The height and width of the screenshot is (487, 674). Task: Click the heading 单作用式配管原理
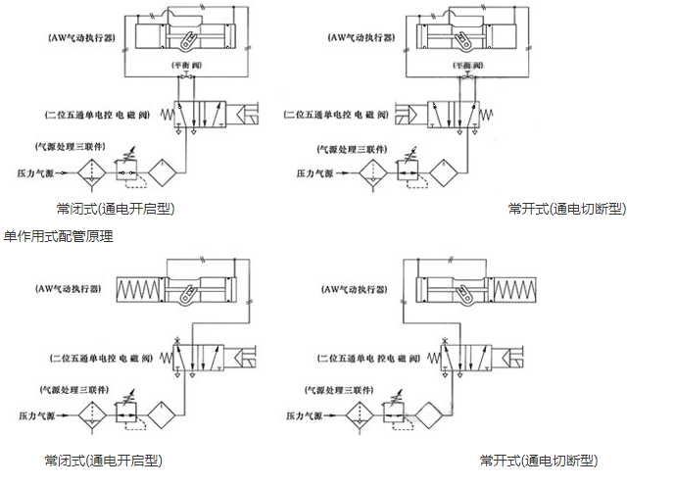pyautogui.click(x=60, y=236)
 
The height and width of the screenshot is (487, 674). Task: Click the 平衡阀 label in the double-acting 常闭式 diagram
pyautogui.click(x=186, y=65)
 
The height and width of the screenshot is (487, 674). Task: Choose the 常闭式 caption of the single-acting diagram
pyautogui.click(x=103, y=460)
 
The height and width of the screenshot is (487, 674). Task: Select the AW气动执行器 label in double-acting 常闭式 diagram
pyautogui.click(x=82, y=38)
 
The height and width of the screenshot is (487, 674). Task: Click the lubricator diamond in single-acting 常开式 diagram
pyautogui.click(x=430, y=416)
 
